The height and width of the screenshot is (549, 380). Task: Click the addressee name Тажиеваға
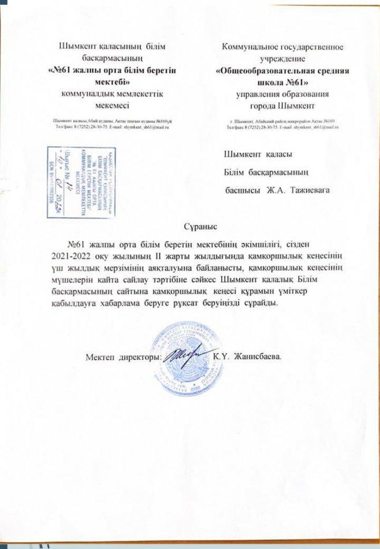coord(309,190)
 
